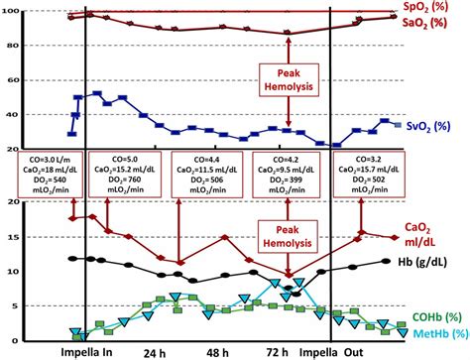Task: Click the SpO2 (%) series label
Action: (436, 7)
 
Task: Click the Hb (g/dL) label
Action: (433, 263)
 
